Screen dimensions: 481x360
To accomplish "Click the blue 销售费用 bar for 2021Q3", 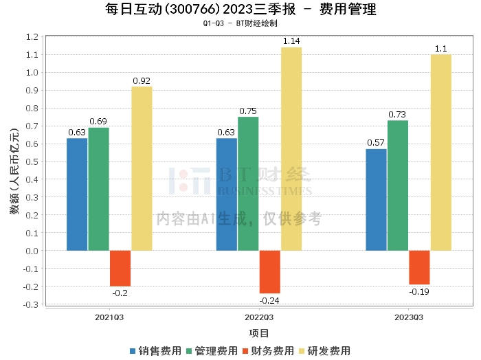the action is tap(77, 194).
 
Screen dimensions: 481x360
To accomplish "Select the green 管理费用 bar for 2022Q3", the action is tap(248, 183).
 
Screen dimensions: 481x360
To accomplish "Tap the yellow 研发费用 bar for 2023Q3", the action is tap(441, 153).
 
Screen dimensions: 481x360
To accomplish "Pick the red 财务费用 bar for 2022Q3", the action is tap(270, 272).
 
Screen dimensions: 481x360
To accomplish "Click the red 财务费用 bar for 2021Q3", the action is tap(120, 269).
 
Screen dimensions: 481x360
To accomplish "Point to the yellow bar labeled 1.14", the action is tap(291, 149).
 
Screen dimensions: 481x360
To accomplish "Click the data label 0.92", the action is tap(142, 81).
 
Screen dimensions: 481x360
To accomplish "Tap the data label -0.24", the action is tap(269, 301).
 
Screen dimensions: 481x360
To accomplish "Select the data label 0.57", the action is tap(376, 143).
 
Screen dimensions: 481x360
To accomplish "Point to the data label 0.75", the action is tap(248, 111).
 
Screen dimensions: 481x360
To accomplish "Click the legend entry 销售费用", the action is tap(156, 351).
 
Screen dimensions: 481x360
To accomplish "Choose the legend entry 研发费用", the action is tap(325, 351).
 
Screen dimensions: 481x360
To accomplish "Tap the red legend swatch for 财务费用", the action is tap(245, 351).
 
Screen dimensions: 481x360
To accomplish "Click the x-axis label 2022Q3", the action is tap(259, 317).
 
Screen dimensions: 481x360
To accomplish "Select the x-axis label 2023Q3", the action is tap(409, 317).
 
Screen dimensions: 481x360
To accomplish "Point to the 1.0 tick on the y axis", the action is tap(32, 73).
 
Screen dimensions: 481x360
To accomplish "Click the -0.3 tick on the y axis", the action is tap(31, 304).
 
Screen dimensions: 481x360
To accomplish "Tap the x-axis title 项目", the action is tap(259, 333).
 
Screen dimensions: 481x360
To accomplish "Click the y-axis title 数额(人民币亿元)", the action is tap(14, 171).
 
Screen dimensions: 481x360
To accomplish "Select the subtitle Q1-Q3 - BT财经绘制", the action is tap(240, 23).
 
